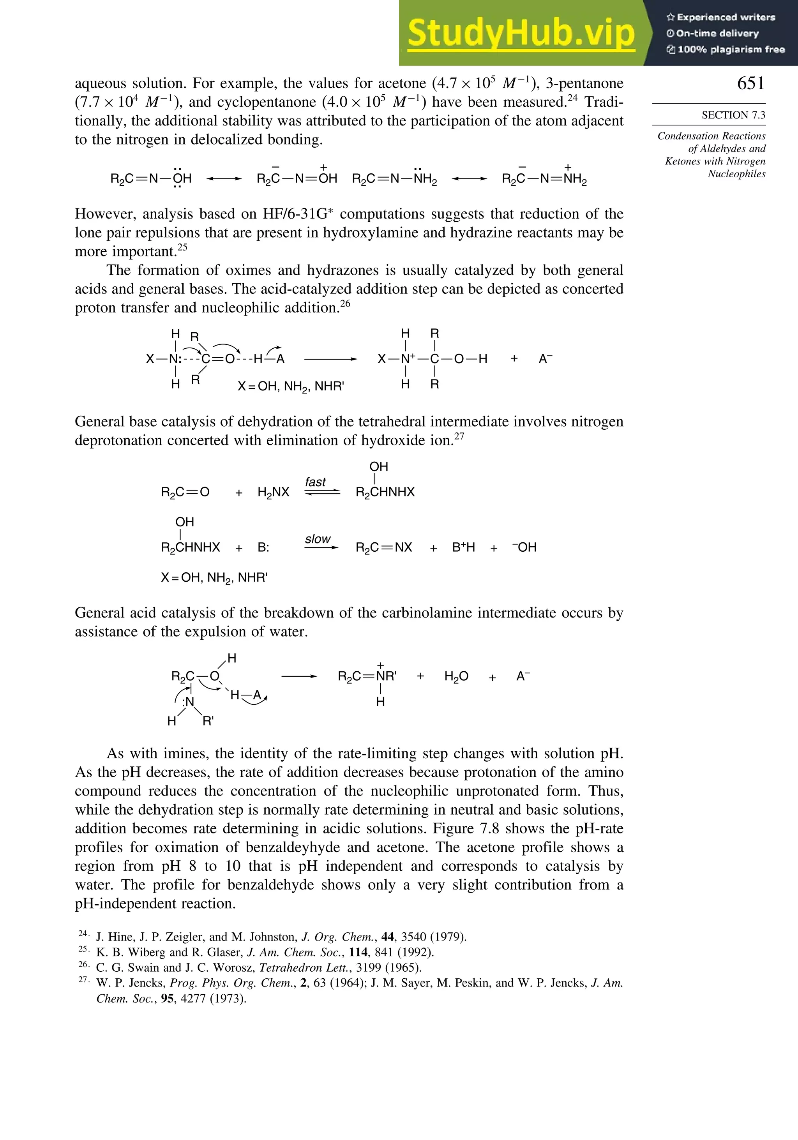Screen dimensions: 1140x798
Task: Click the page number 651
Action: pyautogui.click(x=750, y=83)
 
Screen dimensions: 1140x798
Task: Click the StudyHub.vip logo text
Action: pyautogui.click(x=521, y=33)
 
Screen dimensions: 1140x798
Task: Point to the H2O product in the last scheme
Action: pyautogui.click(x=456, y=676)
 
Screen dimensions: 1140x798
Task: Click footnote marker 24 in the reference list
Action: pyautogui.click(x=83, y=934)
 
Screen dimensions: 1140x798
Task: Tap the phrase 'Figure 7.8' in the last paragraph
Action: pyautogui.click(x=470, y=828)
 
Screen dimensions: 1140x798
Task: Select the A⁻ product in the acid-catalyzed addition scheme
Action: pyautogui.click(x=545, y=358)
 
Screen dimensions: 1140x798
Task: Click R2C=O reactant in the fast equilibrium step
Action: pyautogui.click(x=185, y=492)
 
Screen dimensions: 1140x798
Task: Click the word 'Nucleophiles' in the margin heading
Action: pyautogui.click(x=736, y=174)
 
